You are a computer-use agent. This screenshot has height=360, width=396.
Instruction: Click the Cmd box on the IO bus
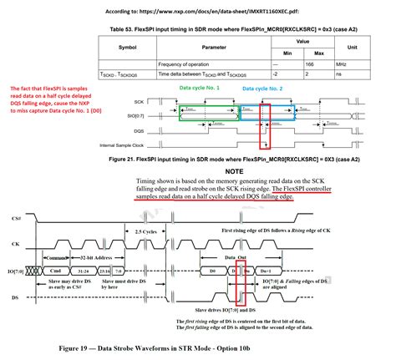pos(56,271)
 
